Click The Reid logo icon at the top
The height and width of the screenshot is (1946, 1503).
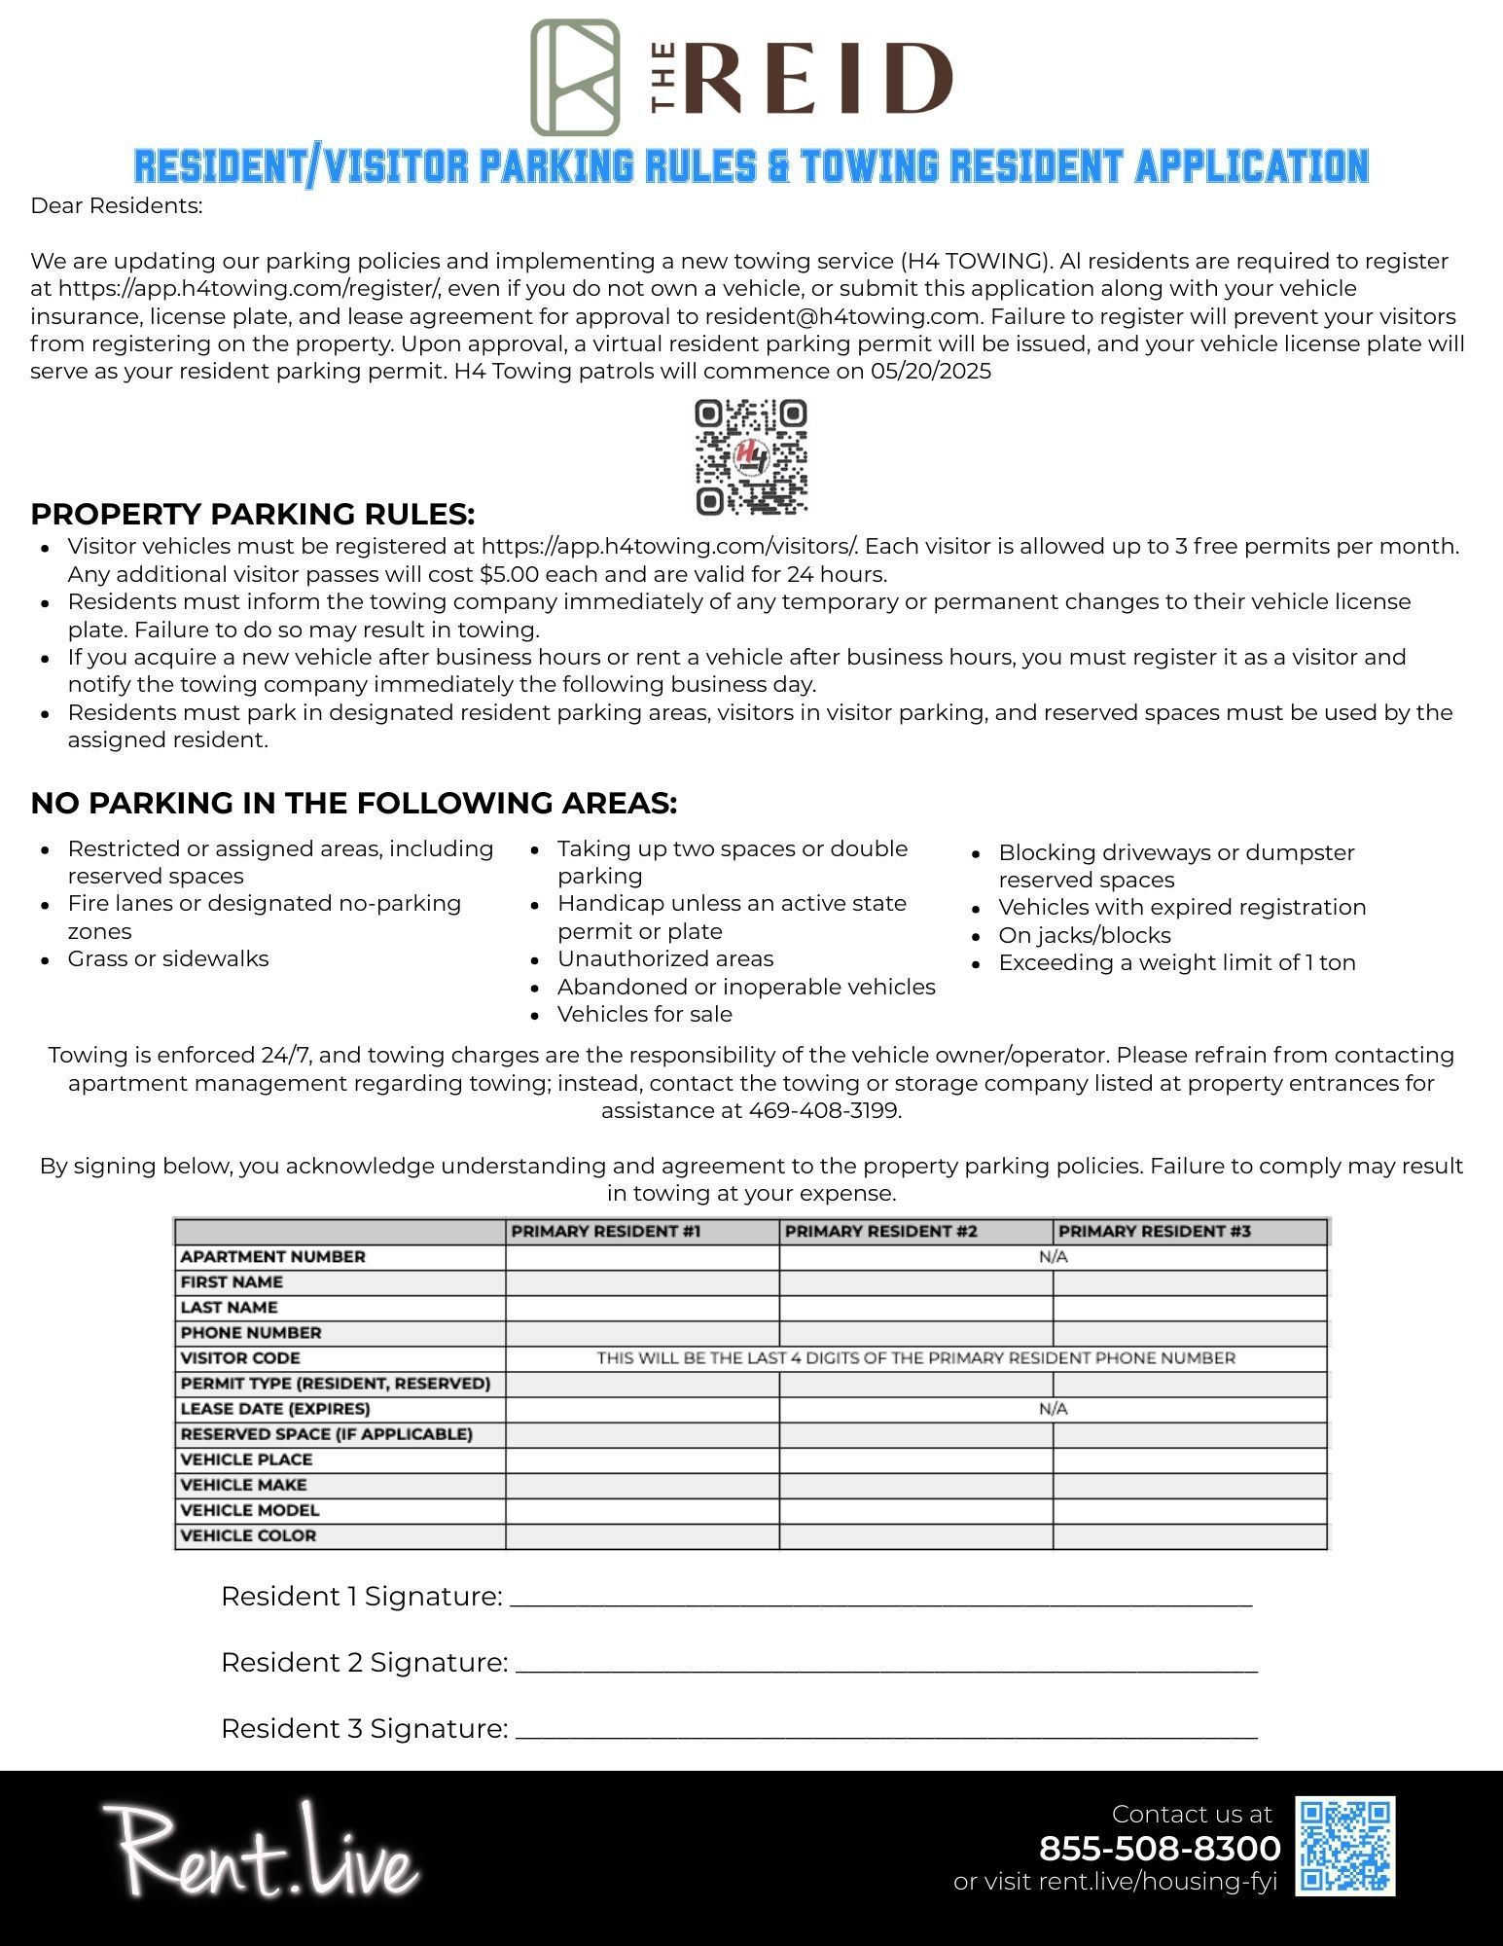point(575,77)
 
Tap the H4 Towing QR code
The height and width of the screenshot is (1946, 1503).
point(751,456)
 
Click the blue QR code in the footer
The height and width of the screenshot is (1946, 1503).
point(1345,1846)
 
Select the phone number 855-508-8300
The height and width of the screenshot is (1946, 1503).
point(1160,1848)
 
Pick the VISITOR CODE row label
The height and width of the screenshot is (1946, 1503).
point(240,1358)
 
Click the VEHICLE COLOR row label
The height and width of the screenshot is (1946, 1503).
point(248,1535)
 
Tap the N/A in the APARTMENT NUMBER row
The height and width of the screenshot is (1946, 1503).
point(1053,1257)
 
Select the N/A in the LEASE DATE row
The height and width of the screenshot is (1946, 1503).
point(1053,1409)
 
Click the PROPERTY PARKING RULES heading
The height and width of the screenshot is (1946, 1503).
point(253,514)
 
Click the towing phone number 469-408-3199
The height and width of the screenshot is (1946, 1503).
point(824,1111)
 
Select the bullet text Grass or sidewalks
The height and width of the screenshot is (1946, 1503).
point(168,959)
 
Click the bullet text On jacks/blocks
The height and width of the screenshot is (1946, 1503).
point(1085,936)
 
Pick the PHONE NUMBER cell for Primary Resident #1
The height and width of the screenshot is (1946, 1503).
point(642,1333)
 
